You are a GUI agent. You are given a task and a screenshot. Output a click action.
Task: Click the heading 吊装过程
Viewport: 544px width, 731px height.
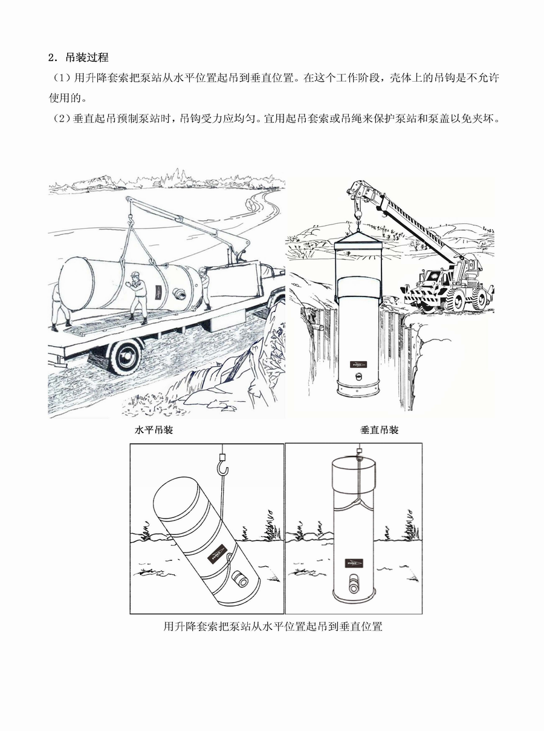point(87,57)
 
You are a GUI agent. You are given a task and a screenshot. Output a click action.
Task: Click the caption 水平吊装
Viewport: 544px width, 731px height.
point(154,430)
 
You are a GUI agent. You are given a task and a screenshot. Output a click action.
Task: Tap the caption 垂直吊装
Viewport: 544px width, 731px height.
point(380,430)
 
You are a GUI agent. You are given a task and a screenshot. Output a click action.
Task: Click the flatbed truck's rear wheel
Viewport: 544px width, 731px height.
point(126,357)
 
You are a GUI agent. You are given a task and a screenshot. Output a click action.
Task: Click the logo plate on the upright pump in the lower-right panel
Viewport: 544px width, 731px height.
point(354,563)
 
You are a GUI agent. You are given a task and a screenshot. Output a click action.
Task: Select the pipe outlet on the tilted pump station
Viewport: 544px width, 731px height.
point(239,579)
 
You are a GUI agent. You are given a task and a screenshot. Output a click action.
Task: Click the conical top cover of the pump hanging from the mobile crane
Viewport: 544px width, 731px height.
point(358,237)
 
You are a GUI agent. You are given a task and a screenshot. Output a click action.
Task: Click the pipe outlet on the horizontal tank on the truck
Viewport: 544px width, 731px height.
point(180,293)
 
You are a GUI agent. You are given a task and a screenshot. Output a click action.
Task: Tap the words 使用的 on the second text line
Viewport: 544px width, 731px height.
point(65,98)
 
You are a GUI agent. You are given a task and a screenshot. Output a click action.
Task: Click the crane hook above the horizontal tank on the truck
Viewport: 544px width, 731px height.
point(131,219)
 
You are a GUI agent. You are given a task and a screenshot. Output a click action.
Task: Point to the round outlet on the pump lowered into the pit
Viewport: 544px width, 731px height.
point(359,376)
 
